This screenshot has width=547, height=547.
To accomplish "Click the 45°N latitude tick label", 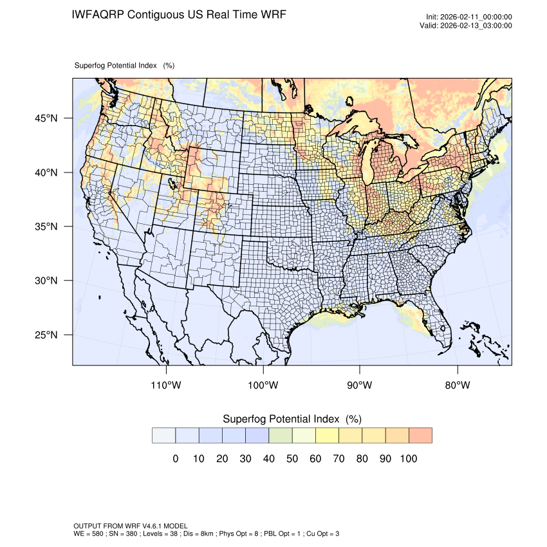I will (x=46, y=118).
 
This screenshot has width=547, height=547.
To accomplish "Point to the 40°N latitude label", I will (x=46, y=172).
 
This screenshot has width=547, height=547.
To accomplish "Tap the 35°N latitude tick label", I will (x=46, y=227).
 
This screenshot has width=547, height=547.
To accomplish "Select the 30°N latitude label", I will (x=46, y=281).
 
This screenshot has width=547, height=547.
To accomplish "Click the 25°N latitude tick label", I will (x=46, y=335).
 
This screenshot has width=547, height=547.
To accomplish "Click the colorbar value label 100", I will (x=409, y=459).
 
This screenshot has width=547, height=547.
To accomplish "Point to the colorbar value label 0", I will (x=175, y=459).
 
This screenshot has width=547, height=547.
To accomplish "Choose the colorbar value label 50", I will (x=292, y=459).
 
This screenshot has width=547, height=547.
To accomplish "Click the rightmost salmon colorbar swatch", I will (x=420, y=435).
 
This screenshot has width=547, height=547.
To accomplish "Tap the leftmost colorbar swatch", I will (x=163, y=435).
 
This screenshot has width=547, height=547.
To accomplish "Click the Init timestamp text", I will (x=469, y=17).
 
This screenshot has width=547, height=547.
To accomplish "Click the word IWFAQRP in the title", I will (x=98, y=14).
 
